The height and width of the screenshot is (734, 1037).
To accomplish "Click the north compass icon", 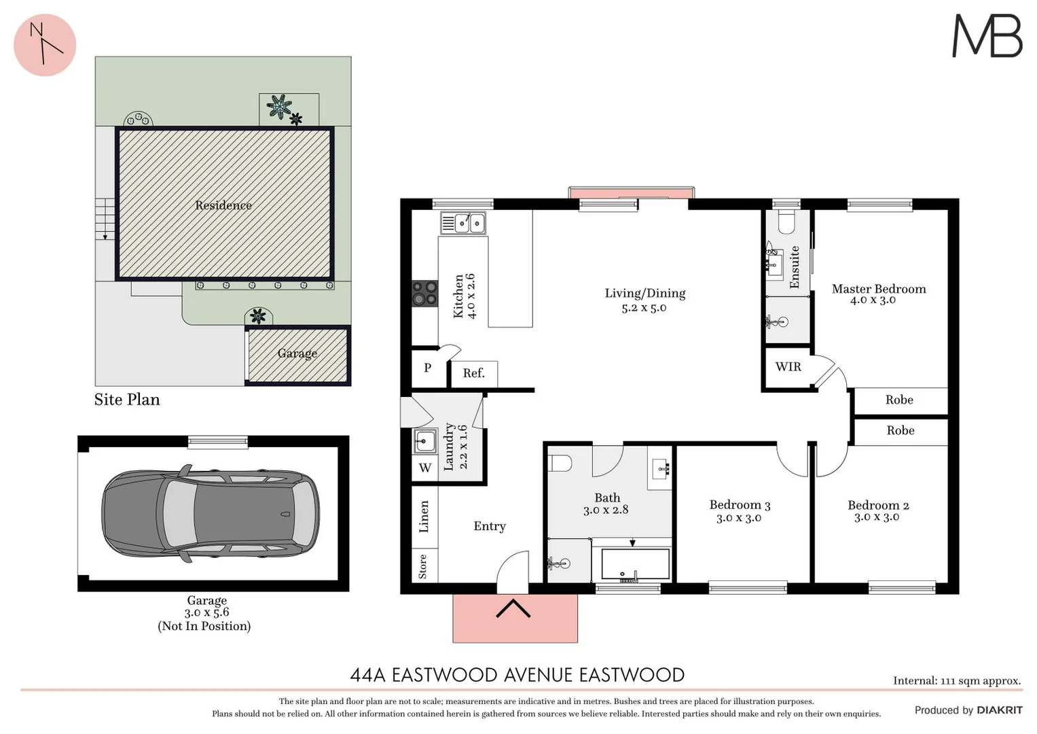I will pos(45,45).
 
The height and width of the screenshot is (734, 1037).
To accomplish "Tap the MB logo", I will pos(987,37).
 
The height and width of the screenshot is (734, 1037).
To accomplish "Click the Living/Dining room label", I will pos(644,294).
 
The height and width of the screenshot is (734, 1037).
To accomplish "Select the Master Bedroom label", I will pos(878,289).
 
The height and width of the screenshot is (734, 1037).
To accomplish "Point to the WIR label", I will pos(788,367).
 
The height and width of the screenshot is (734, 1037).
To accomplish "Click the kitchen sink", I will pos(463,223).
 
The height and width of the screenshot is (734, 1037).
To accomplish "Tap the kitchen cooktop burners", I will pos(424,293).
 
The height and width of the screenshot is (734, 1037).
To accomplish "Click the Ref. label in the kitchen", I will pos(473,373).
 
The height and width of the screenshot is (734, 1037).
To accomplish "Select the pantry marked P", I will pos(427,368).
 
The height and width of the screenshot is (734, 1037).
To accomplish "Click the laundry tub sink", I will pos(425,442).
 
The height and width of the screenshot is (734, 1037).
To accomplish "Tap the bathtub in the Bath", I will pos(635,564).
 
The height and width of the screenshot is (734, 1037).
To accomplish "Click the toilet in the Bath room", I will pos(561,464).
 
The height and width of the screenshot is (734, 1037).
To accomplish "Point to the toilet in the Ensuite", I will pos(786,222).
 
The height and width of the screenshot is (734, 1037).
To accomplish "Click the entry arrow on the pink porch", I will pos(513,608).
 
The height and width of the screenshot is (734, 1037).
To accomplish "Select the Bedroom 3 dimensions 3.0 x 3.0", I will pos(739,518).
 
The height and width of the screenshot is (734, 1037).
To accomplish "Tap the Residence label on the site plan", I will pos(223,205).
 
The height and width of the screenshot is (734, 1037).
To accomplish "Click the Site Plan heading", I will pos(127,400).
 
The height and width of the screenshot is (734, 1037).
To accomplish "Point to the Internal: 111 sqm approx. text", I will pos(956,680).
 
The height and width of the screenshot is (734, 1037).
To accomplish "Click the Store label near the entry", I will pos(423,566).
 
